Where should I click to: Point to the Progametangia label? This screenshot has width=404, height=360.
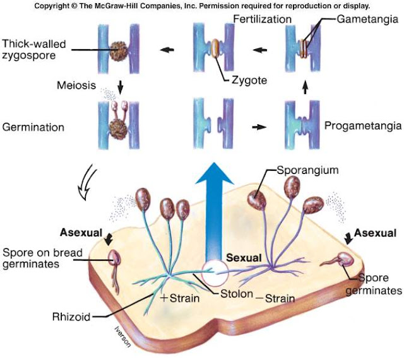[362, 126]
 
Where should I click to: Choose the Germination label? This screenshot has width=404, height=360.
[33, 127]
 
